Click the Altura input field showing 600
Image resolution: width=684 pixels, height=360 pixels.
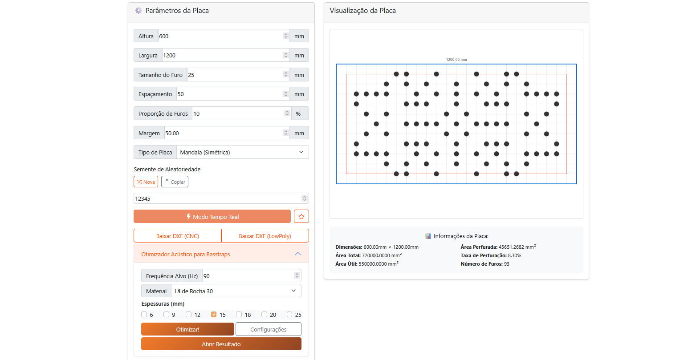pos(220,36)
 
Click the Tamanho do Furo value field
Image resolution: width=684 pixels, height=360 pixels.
pos(235,75)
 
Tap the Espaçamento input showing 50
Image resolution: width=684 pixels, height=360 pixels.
pos(229,94)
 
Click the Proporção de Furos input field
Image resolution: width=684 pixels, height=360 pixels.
pos(238,113)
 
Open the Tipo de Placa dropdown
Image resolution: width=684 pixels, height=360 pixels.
pos(242,152)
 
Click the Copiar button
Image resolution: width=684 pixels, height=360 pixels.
pos(175,182)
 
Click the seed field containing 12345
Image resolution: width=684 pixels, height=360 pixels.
pos(218,198)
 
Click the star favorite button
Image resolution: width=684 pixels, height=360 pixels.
pos(301,217)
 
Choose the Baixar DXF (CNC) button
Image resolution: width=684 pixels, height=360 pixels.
pos(177,236)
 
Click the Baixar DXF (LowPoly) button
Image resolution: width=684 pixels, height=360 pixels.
pos(265,236)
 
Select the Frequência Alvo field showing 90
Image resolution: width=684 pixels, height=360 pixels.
pos(248,276)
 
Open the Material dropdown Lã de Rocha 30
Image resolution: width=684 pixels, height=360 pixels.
pos(236,291)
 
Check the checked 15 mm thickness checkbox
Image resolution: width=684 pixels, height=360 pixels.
pos(214,315)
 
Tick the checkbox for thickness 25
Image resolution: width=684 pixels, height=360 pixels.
pos(289,315)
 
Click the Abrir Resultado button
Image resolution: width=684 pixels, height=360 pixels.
pos(221,344)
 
